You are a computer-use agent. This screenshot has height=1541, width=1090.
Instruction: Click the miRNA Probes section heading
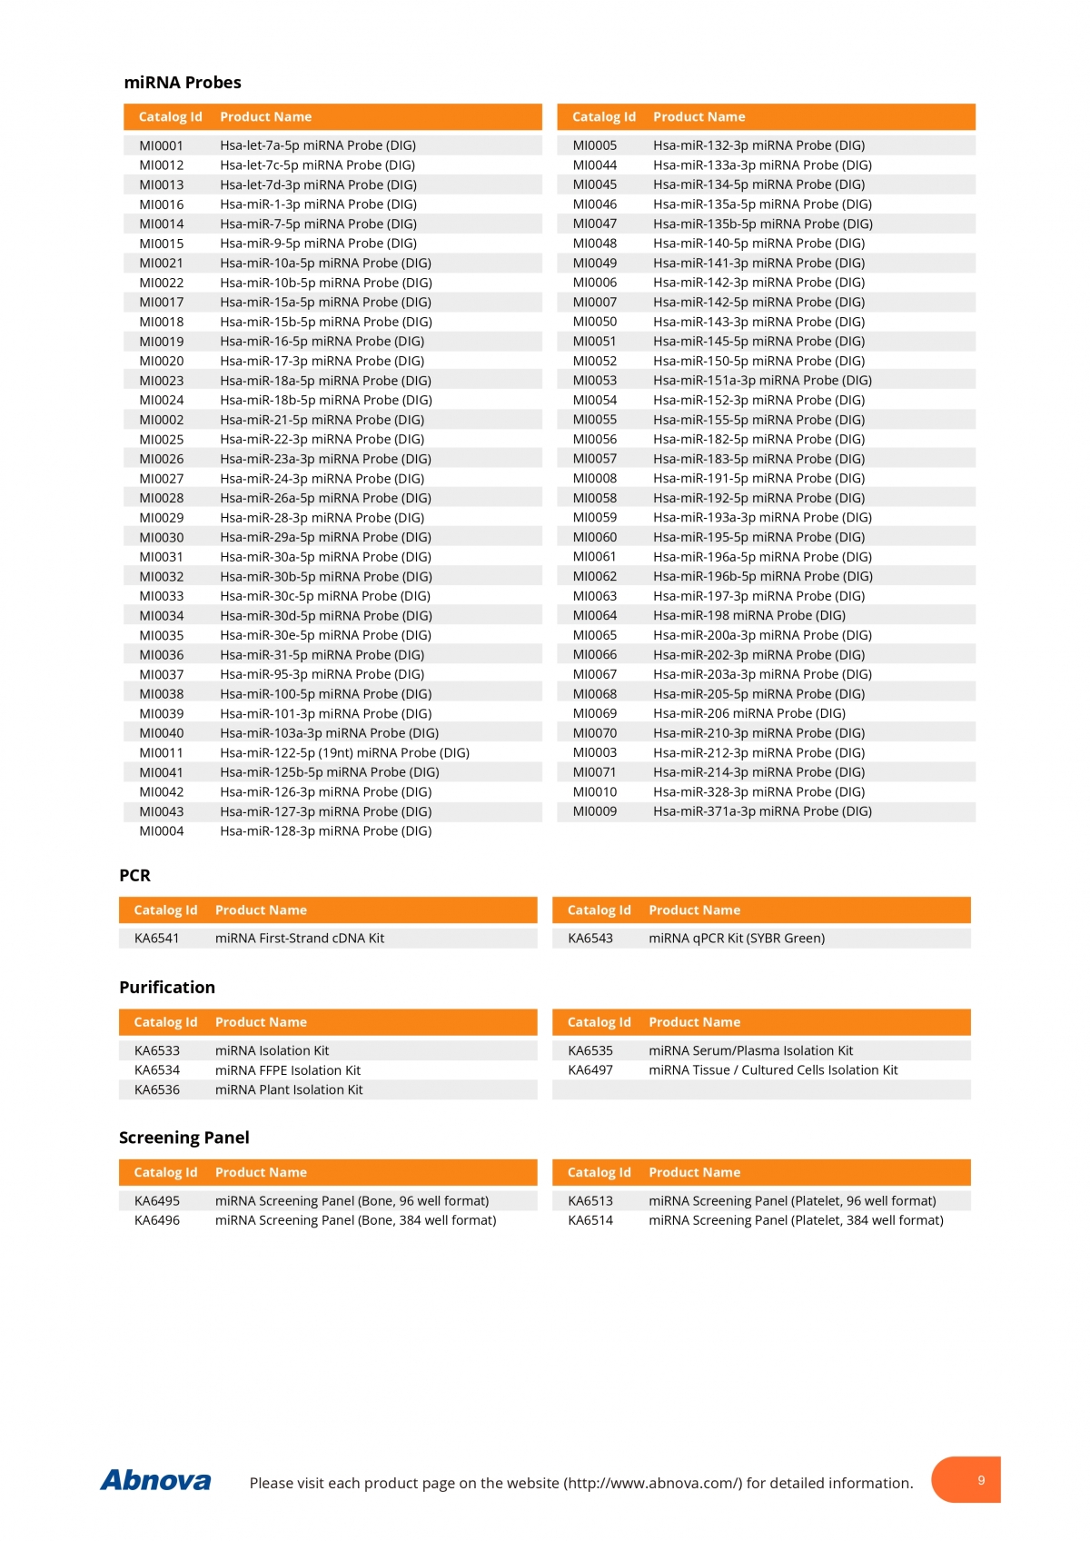tap(183, 83)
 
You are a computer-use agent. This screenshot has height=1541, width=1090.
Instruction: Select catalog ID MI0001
tap(162, 145)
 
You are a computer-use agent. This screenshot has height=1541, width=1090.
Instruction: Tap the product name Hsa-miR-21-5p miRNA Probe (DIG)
tap(322, 420)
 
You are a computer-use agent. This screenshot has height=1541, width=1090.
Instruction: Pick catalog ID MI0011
tap(162, 752)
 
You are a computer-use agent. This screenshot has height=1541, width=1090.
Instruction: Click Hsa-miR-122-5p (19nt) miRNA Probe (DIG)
tap(344, 752)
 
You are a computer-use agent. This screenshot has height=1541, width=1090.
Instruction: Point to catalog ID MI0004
tap(162, 830)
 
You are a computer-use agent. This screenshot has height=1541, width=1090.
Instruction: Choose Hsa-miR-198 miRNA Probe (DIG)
tap(748, 615)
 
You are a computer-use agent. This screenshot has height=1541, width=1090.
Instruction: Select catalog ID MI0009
tap(595, 811)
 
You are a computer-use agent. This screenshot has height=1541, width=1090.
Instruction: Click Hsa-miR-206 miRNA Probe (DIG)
tap(748, 713)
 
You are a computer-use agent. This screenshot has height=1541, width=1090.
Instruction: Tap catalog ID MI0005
tap(595, 145)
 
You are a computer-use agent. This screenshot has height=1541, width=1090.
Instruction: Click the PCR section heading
tap(135, 876)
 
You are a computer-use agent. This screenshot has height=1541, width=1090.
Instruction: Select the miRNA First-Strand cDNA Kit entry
tap(300, 939)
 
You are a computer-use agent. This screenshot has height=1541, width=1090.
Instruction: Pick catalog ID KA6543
tap(590, 939)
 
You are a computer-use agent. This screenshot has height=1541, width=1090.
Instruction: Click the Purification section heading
tap(167, 988)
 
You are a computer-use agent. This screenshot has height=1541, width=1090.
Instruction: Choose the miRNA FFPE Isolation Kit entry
tap(288, 1070)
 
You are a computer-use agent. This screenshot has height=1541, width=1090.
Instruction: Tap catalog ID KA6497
tap(590, 1070)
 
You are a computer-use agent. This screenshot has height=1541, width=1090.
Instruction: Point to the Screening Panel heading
tap(184, 1138)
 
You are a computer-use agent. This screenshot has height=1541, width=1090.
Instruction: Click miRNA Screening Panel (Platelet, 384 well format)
tap(796, 1220)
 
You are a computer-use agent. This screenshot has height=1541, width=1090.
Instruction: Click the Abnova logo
tap(155, 1481)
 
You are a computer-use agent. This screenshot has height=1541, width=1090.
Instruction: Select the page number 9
tap(981, 1480)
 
